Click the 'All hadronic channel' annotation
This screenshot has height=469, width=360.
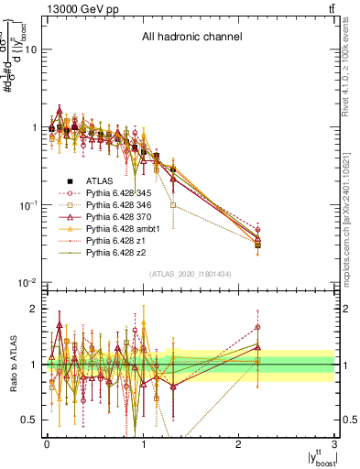(191, 38)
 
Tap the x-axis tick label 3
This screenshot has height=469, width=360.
(334, 442)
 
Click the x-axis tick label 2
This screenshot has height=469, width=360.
(238, 442)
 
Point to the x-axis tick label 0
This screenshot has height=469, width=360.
(47, 442)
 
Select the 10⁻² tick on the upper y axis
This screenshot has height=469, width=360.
(29, 282)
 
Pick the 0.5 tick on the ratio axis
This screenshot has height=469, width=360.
(32, 420)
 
